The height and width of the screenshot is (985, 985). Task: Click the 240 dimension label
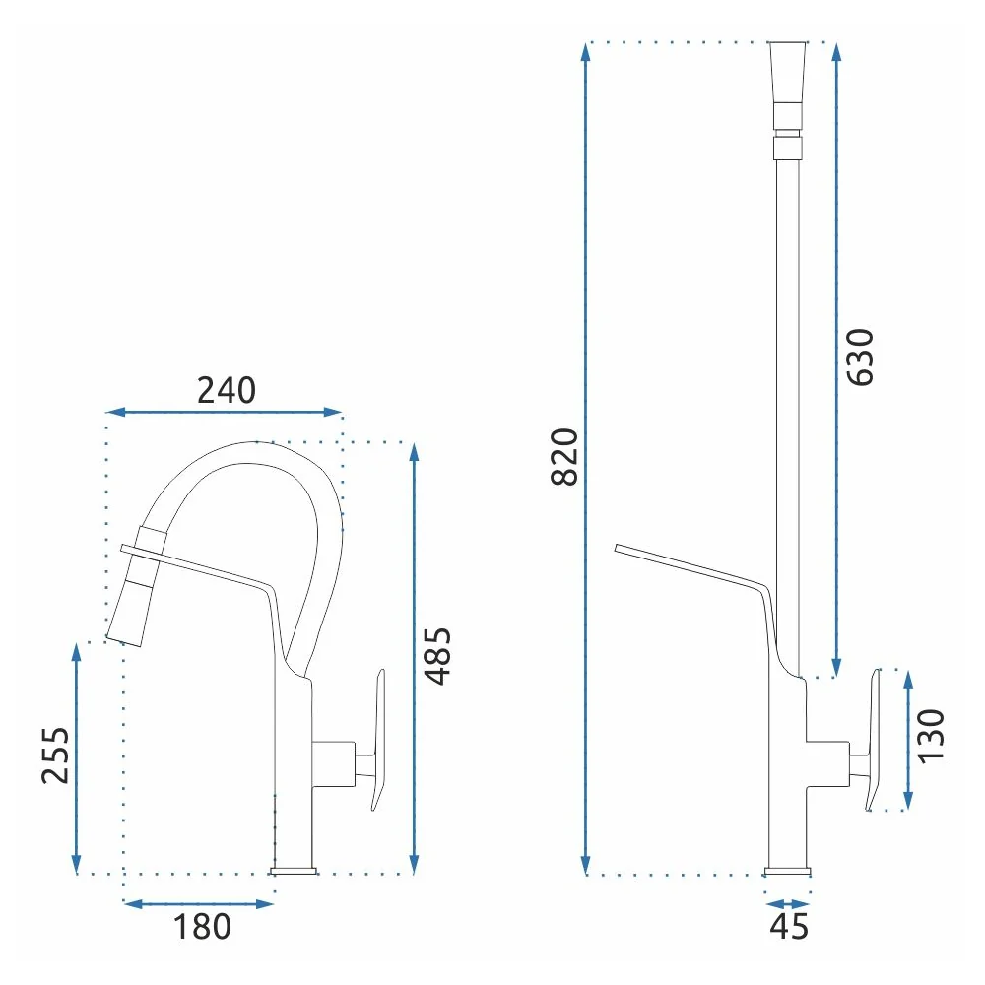tap(227, 390)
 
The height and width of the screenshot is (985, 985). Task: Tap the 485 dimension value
tap(438, 656)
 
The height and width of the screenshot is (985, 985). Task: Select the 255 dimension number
tap(55, 755)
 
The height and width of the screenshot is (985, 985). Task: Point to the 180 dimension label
tap(202, 927)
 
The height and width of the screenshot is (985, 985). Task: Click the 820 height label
tap(564, 457)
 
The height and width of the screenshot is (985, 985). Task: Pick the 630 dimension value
tap(860, 357)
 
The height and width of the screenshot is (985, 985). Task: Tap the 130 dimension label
tap(931, 736)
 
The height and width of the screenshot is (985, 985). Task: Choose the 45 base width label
tap(789, 926)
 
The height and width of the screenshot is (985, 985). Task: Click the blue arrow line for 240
tap(224, 412)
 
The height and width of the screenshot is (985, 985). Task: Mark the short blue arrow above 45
tap(788, 904)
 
